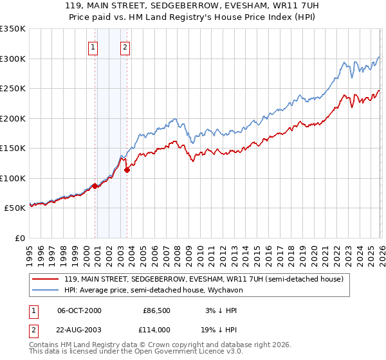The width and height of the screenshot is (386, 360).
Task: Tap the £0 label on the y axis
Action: (x=19, y=238)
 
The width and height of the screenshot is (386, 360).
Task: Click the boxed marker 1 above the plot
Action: (x=94, y=46)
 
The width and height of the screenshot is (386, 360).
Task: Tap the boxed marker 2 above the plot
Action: (x=125, y=46)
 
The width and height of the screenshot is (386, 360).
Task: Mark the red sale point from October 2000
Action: (x=95, y=186)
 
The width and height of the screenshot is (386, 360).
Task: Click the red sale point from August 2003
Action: (x=127, y=170)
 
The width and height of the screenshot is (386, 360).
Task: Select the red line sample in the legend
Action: (x=44, y=279)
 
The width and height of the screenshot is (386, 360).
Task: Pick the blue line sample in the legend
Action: (x=44, y=290)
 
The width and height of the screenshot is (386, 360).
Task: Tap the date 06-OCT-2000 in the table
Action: (x=79, y=310)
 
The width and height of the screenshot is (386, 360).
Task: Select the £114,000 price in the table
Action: (x=156, y=329)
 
